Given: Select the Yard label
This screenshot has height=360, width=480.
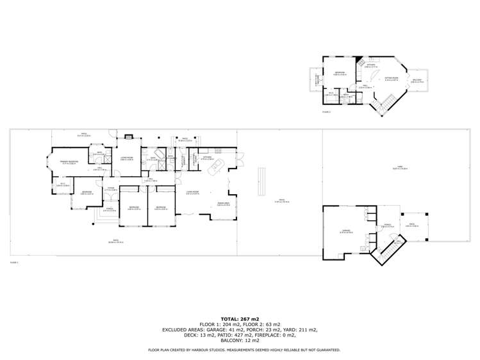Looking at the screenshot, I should (x=398, y=168).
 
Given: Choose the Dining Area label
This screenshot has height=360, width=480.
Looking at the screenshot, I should (x=223, y=203).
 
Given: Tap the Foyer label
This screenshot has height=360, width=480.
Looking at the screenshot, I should (x=111, y=189).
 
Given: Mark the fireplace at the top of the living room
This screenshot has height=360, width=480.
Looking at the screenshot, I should (x=128, y=136).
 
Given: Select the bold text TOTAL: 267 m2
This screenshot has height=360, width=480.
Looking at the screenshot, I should (x=240, y=318).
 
